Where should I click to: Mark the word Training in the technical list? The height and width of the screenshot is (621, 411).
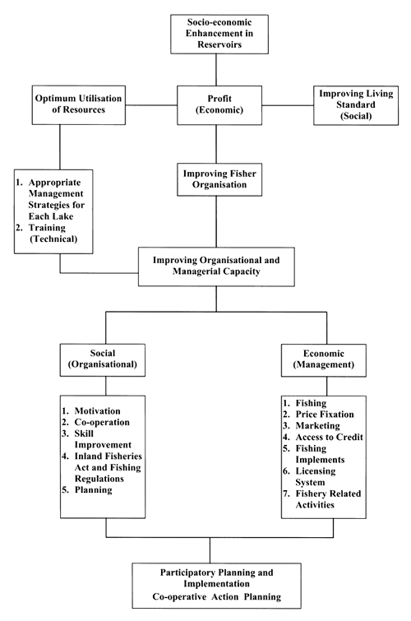[58, 232]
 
